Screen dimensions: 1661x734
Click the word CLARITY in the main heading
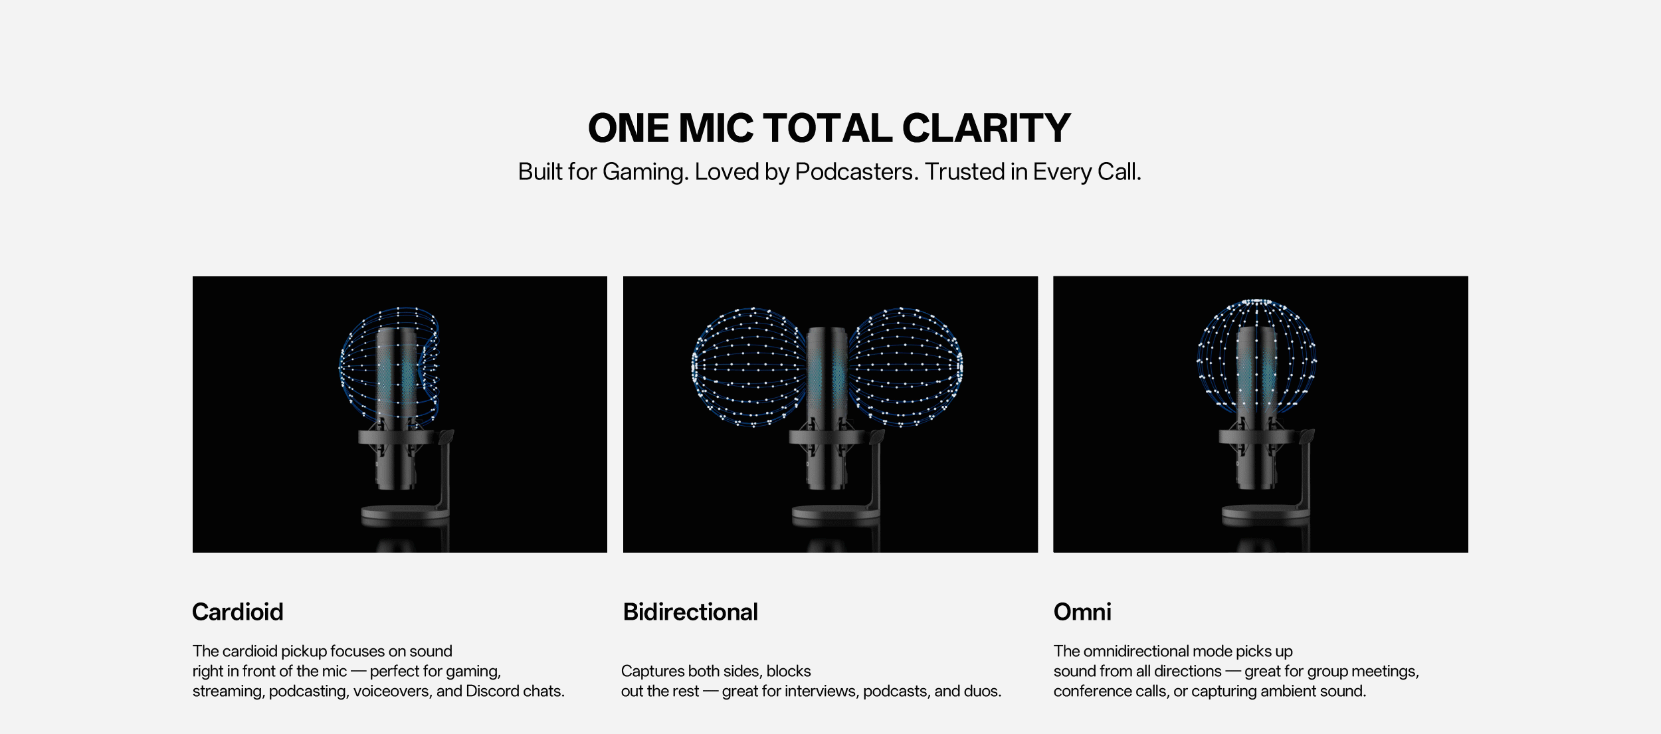[x=986, y=128]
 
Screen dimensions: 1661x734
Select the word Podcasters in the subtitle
[x=856, y=172]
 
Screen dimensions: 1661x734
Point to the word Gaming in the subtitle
[x=645, y=173]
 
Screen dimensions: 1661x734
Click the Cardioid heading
[x=238, y=612]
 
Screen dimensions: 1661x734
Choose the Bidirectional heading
[x=690, y=612]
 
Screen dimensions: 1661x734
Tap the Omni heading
[x=1082, y=612]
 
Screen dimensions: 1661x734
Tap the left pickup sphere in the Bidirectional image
[x=749, y=367]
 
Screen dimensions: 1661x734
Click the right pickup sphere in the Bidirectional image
[x=906, y=367]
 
